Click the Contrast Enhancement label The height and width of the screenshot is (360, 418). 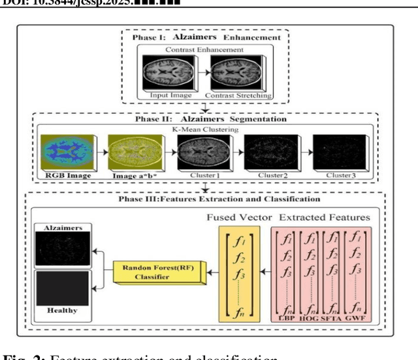206,49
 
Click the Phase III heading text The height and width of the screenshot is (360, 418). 206,199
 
